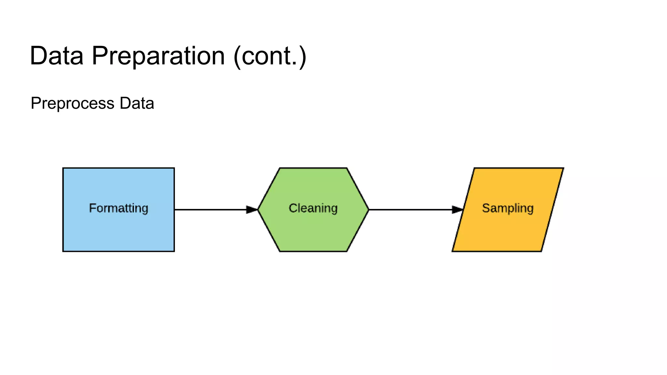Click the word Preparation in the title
[x=158, y=56]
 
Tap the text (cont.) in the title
[x=270, y=56]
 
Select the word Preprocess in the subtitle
[x=72, y=104]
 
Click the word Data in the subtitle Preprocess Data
[x=137, y=103]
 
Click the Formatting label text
[x=119, y=208]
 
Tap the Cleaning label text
[x=313, y=208]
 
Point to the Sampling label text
[x=508, y=208]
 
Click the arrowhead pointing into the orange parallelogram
[x=458, y=210]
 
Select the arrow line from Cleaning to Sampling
[x=410, y=210]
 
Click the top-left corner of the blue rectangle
[x=63, y=168]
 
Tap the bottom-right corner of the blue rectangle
[x=174, y=251]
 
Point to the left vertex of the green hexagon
[x=258, y=210]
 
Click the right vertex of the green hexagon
[x=368, y=210]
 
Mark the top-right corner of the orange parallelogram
[x=563, y=168]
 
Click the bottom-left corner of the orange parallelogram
[x=453, y=251]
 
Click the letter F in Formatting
[x=92, y=208]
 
